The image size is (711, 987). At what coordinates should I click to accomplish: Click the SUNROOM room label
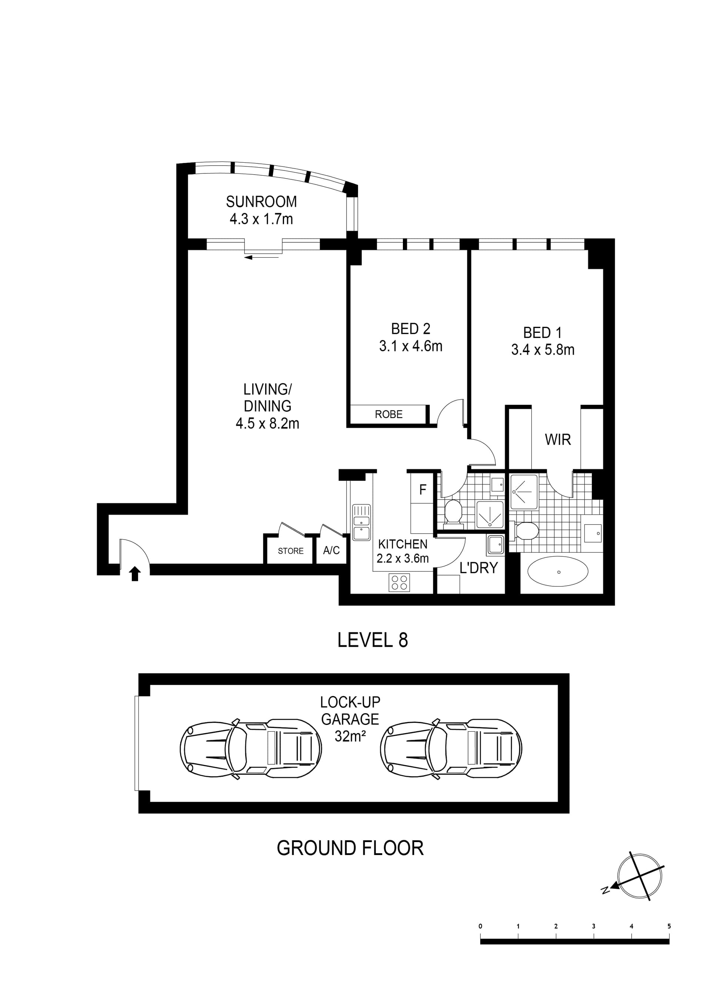pyautogui.click(x=261, y=202)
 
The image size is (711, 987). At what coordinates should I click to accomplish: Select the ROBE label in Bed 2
pyautogui.click(x=389, y=414)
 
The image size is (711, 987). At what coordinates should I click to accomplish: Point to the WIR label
pyautogui.click(x=558, y=440)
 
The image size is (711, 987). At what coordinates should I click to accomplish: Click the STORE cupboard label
pyautogui.click(x=290, y=551)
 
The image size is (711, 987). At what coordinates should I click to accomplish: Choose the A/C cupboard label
pyautogui.click(x=331, y=550)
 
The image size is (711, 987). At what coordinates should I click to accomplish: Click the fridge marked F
pyautogui.click(x=422, y=490)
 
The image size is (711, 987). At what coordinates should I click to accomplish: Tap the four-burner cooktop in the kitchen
pyautogui.click(x=400, y=583)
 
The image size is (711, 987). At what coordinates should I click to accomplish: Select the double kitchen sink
pyautogui.click(x=361, y=522)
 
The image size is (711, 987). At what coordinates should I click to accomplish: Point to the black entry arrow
pyautogui.click(x=135, y=574)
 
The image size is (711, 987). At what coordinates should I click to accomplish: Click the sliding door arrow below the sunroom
pyautogui.click(x=261, y=258)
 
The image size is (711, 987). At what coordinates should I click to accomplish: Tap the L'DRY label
pyautogui.click(x=478, y=568)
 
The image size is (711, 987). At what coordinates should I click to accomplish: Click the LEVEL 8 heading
pyautogui.click(x=373, y=640)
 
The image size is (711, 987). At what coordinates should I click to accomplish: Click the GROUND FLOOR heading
pyautogui.click(x=350, y=848)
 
